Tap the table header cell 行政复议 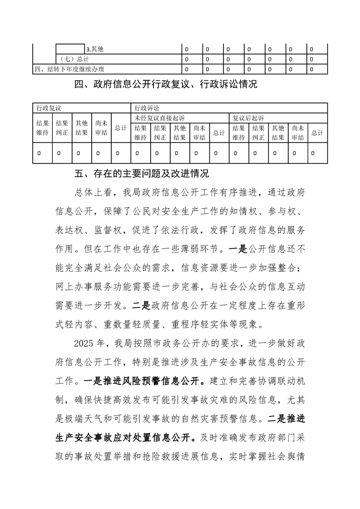coord(49,108)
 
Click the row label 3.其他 coord(98,49)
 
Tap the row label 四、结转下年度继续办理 coord(69,69)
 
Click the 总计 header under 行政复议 coord(120,128)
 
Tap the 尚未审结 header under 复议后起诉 coord(298,132)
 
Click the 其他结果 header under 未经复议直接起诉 coord(180,132)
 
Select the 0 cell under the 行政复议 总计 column coord(118,153)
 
